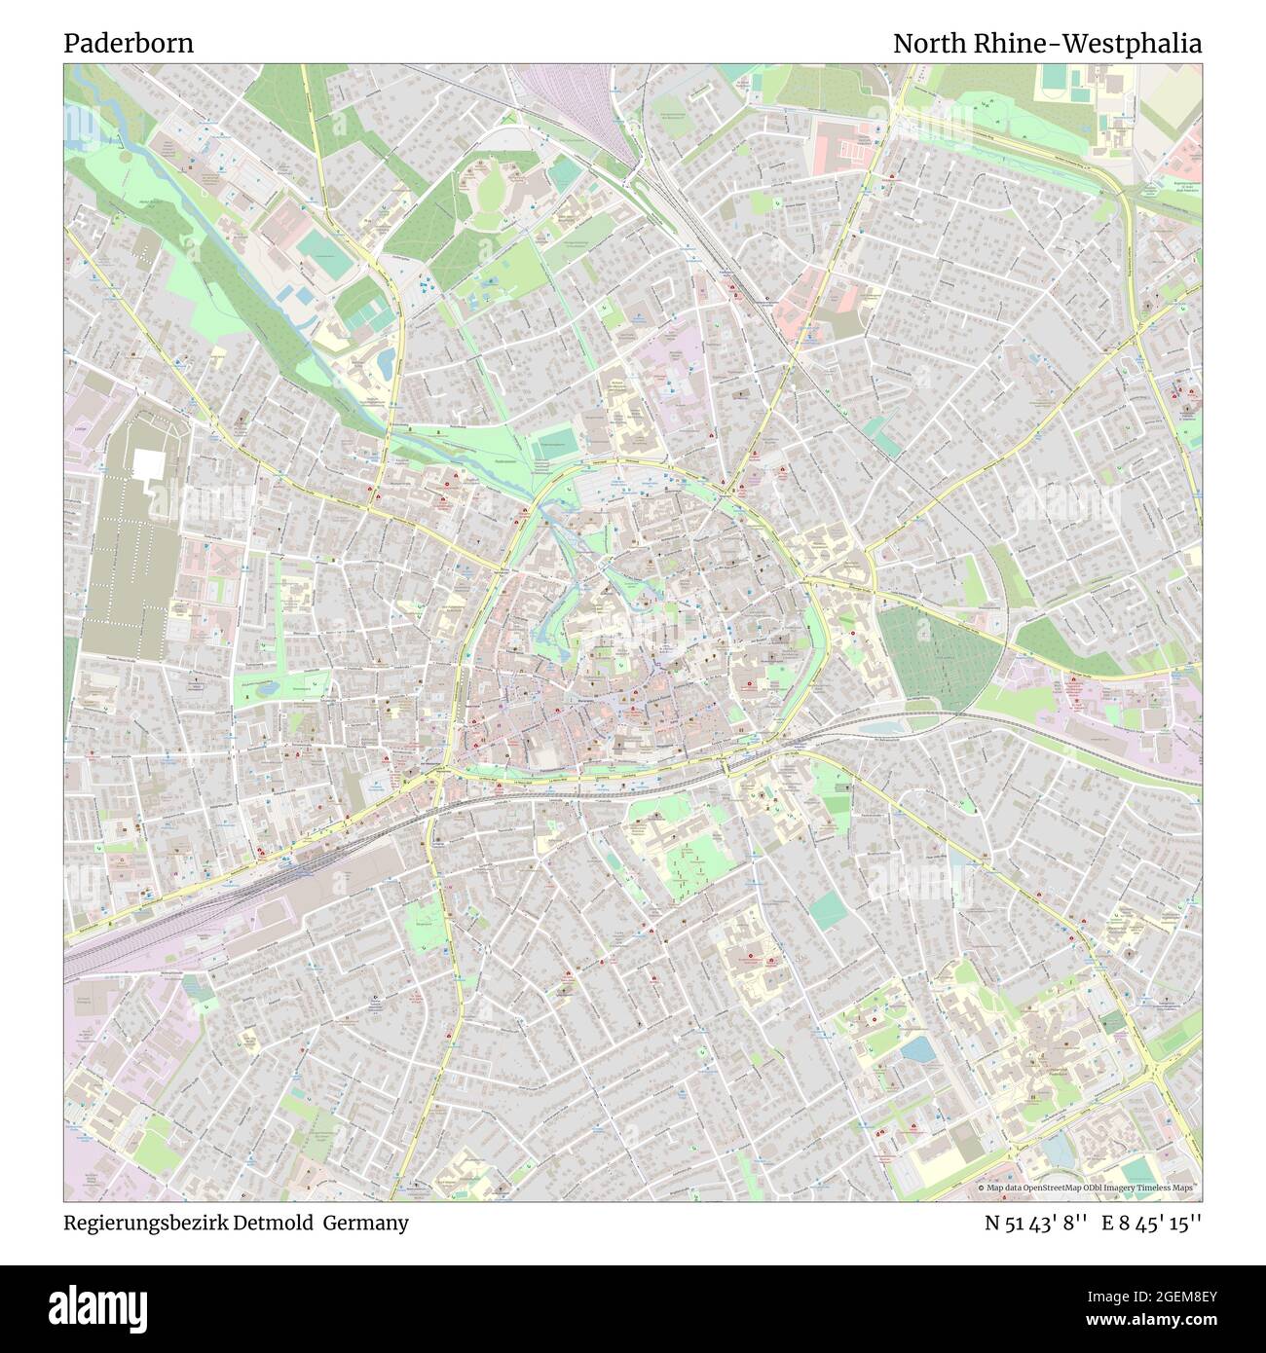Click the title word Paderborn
click(129, 44)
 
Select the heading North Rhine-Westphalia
click(1047, 44)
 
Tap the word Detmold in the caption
click(273, 1223)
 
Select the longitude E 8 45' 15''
click(1152, 1223)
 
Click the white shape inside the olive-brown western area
click(150, 466)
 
